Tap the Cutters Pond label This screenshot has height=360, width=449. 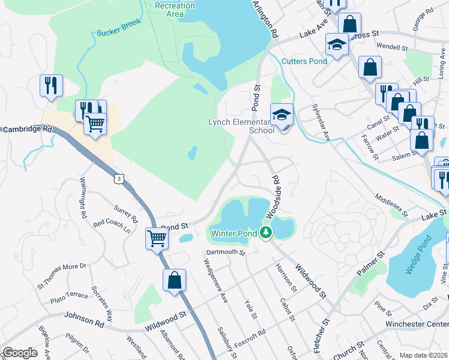point(304,61)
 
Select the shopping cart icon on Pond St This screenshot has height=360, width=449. point(157,238)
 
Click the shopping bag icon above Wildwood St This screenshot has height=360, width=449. point(174,280)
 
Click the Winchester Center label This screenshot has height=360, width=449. point(420,325)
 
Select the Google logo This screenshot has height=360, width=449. point(20,353)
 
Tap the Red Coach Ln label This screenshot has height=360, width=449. point(112,226)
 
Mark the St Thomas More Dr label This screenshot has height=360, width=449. point(62,275)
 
